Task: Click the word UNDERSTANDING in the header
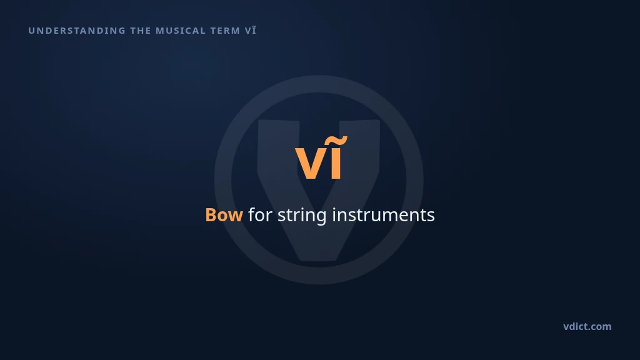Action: coord(77,31)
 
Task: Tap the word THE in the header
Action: coord(141,31)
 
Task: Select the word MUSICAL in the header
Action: coord(181,31)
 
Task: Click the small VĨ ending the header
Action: coord(251,30)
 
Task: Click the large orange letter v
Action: coord(311,163)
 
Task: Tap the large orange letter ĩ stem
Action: coord(336,163)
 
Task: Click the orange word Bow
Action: coord(224,215)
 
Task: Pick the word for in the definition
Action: coord(261,215)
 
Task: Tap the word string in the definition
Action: coord(302,216)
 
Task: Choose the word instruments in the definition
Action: coord(383,215)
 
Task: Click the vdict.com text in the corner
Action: coord(587,326)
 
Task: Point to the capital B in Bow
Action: coord(211,215)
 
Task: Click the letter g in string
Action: coord(321,218)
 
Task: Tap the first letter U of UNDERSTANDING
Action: coord(31,31)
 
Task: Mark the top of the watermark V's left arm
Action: coord(278,121)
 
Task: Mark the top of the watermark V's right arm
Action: coord(359,121)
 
